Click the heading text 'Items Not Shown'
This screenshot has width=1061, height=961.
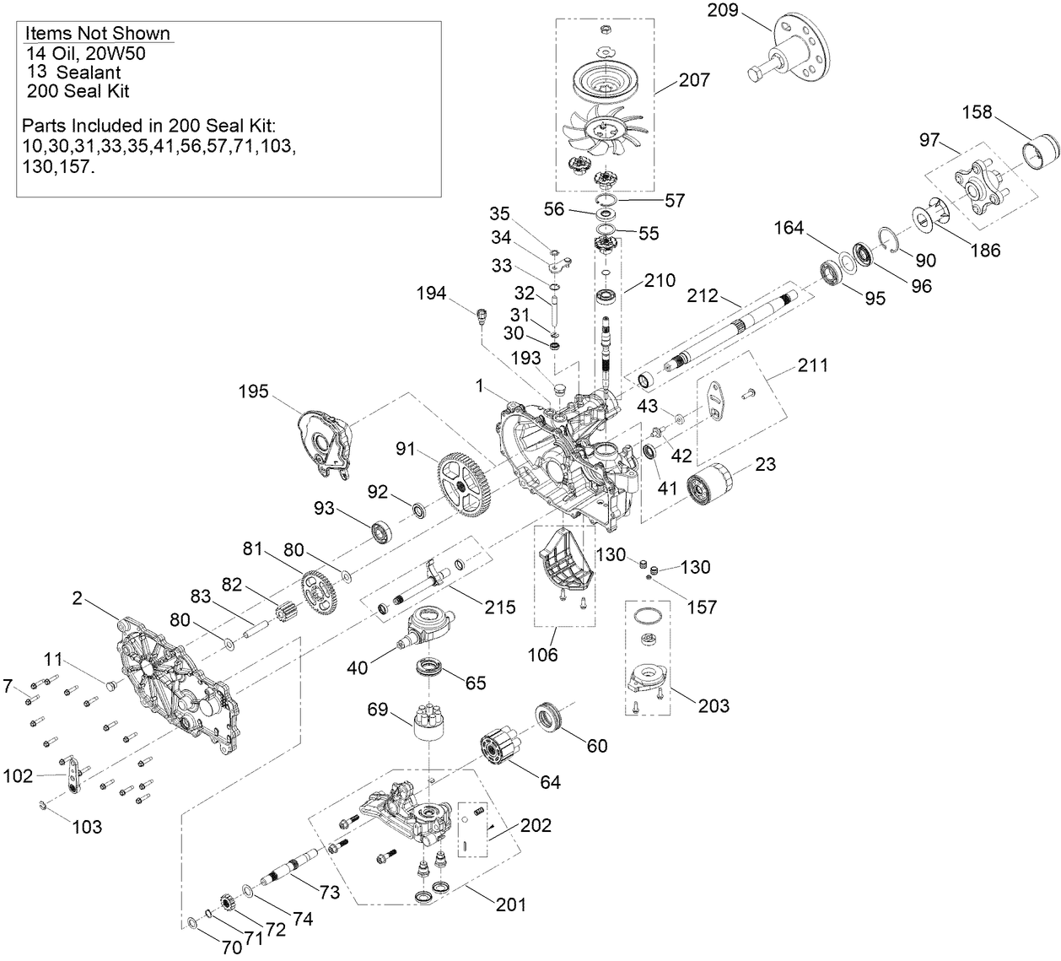[98, 34]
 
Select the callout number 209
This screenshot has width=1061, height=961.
[723, 11]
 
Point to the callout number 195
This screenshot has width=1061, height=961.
[253, 391]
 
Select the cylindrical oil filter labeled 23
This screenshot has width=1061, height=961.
[711, 489]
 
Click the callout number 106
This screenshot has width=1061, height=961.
[543, 655]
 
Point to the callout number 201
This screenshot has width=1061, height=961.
[511, 905]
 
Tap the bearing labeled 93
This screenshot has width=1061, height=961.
[385, 531]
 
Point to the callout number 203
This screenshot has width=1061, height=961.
[713, 705]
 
